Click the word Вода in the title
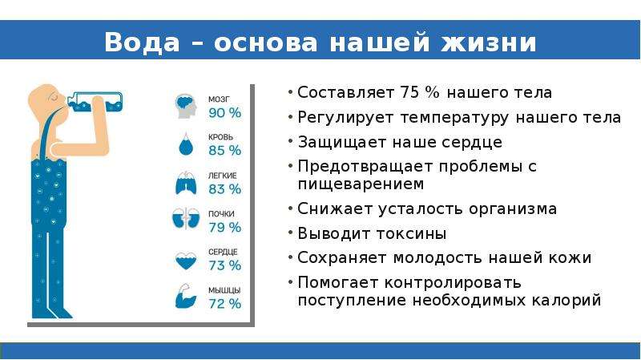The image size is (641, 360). (x=142, y=42)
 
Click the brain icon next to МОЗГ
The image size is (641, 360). (x=186, y=106)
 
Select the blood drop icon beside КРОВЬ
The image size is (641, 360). (x=186, y=144)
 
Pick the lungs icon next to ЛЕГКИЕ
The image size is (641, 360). (x=186, y=183)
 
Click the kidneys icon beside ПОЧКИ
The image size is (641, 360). (x=186, y=218)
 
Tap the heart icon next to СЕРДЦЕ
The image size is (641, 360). (x=186, y=261)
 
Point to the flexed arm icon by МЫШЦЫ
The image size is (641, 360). (x=186, y=296)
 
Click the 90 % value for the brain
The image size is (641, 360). (x=225, y=113)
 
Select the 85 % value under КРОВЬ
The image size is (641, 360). (x=225, y=151)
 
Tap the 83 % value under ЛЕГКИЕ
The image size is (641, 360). (x=225, y=189)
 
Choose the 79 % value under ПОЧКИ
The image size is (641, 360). (x=225, y=228)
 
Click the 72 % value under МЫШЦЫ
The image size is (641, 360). (x=225, y=304)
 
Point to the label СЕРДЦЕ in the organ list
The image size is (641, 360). (x=223, y=252)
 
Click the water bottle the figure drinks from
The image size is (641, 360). (x=95, y=102)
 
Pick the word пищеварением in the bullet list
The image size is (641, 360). (x=361, y=184)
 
